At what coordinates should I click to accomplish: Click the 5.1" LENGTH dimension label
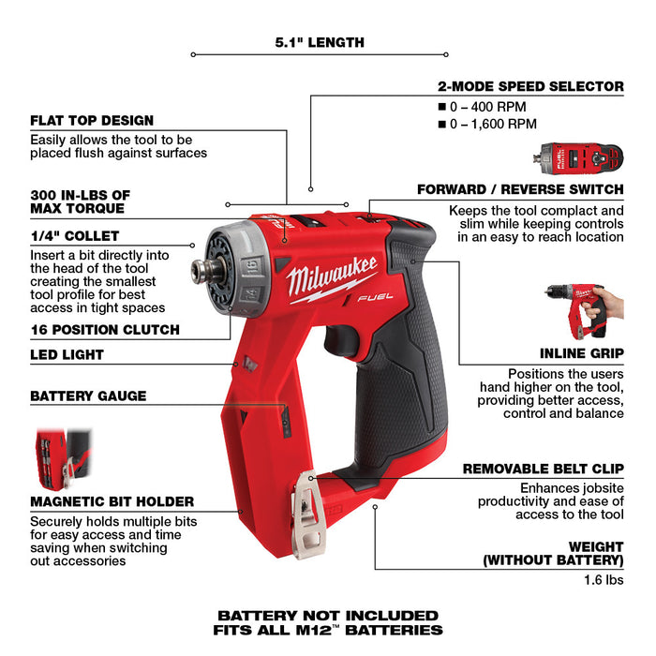320,42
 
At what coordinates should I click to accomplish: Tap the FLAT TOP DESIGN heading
92,121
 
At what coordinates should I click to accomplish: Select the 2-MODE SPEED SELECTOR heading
530,86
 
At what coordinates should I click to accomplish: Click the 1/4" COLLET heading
75,236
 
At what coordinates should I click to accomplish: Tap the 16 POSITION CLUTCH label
105,330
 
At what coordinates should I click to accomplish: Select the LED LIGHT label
67,355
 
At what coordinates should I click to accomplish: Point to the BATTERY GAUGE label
88,395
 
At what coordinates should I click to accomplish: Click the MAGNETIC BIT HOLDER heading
112,501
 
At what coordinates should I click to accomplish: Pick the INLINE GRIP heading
581,354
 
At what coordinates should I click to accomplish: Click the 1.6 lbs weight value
602,581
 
